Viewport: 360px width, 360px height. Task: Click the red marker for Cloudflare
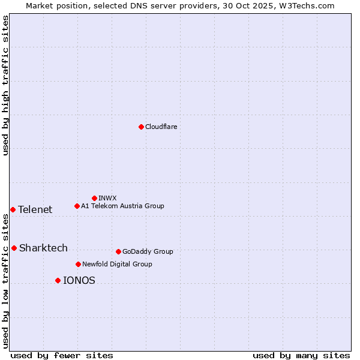click(141, 127)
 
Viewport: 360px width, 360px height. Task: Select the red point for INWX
click(94, 198)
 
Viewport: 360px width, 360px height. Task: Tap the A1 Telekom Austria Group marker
click(77, 206)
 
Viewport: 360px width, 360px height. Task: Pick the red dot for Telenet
click(13, 209)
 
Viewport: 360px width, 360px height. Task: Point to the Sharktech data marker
click(14, 248)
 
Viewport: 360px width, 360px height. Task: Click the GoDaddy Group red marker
click(118, 251)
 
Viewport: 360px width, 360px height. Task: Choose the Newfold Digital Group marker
click(78, 264)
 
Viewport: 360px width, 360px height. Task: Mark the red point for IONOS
click(58, 280)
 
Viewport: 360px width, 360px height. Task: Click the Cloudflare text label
click(161, 127)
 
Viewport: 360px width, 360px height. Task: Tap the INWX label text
click(107, 198)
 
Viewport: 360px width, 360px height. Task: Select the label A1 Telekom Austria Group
click(122, 206)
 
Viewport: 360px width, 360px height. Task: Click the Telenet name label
click(35, 209)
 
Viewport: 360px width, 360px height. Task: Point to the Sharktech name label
click(43, 248)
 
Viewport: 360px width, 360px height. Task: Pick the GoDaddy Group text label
click(148, 251)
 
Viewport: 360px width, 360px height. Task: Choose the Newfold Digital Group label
click(117, 264)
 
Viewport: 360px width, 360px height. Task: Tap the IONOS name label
click(79, 280)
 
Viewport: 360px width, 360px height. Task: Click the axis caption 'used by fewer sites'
click(62, 355)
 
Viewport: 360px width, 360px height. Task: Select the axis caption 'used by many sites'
click(301, 355)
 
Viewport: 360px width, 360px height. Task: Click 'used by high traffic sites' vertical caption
click(6, 85)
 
